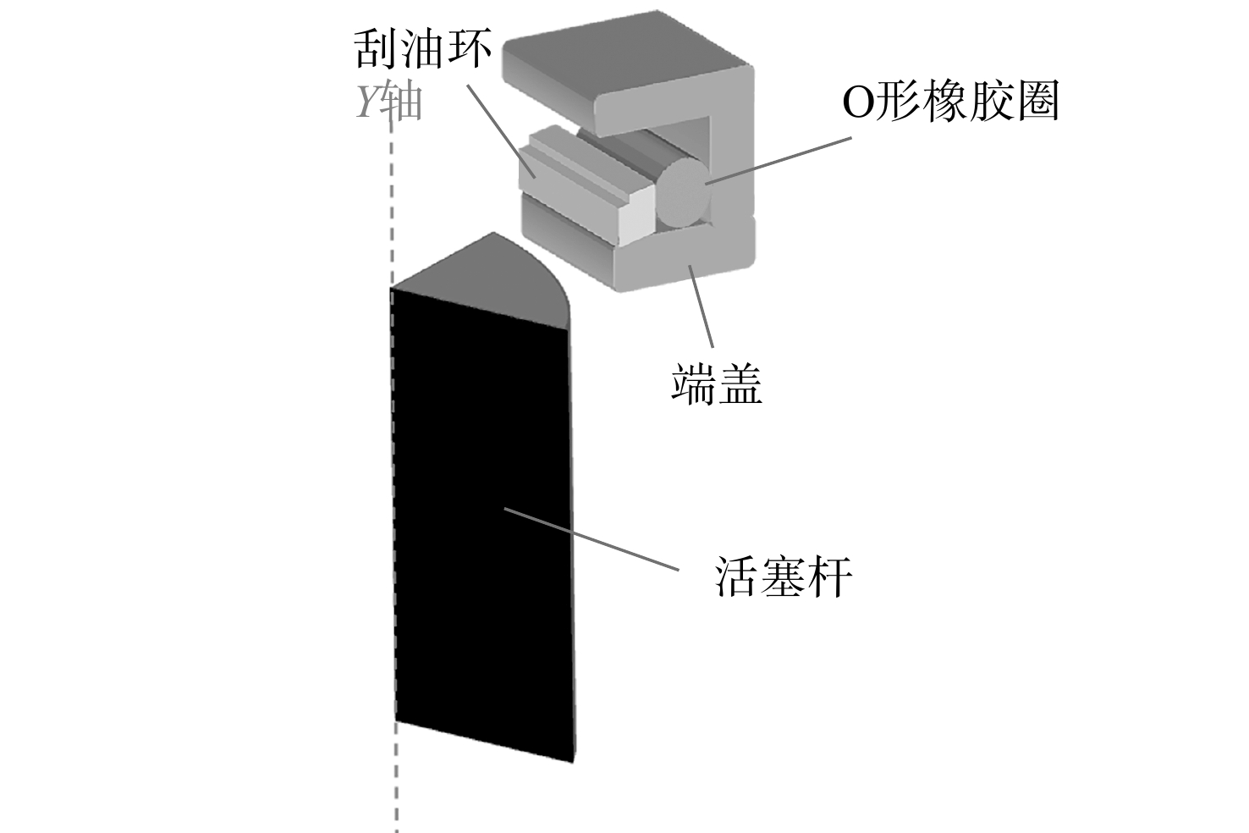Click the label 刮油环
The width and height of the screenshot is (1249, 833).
click(x=423, y=49)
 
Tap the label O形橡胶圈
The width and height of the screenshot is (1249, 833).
click(x=950, y=102)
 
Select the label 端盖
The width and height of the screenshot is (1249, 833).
click(x=717, y=383)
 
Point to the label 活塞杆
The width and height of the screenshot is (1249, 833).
click(x=784, y=576)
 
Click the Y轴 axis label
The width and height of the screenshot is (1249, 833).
click(x=389, y=103)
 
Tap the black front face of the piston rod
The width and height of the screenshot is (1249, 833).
click(x=483, y=525)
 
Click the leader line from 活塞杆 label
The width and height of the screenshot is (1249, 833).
click(x=591, y=539)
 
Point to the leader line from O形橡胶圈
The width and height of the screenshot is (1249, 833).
click(x=778, y=160)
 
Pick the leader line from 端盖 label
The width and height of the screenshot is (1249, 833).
click(x=702, y=306)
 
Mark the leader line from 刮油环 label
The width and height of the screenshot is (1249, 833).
click(x=501, y=131)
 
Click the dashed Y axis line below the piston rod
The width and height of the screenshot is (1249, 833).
click(x=396, y=778)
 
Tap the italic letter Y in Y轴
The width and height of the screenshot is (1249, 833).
click(x=368, y=103)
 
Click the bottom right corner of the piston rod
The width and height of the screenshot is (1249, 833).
click(x=574, y=762)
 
